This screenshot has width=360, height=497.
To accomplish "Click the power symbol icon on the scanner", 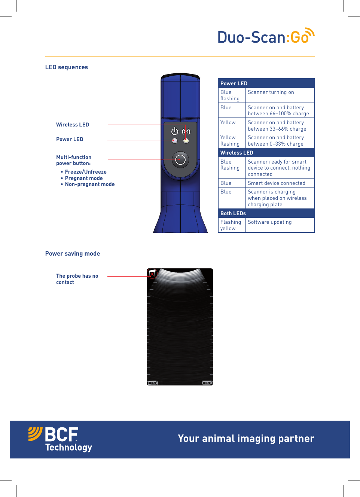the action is coord(175,131).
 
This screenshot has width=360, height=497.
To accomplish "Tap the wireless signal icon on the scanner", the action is coord(186,131).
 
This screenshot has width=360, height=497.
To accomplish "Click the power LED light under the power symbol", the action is coord(175,141).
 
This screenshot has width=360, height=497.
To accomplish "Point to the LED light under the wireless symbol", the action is coord(186,141).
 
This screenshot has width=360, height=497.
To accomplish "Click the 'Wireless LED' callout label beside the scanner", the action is coord(73,125).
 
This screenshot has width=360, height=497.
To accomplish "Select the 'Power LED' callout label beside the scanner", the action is coord(70,139).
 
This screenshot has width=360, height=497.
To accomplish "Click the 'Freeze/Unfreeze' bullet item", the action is coord(86,172).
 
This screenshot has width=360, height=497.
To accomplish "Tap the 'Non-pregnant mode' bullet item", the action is coord(90,184).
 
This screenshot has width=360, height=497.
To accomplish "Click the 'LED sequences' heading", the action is coord(67,67).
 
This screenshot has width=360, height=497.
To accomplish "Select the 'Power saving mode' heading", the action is coord(73,254).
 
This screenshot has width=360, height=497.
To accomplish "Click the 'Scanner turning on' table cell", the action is coord(271,92).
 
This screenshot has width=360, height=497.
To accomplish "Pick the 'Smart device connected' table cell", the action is coord(277,183).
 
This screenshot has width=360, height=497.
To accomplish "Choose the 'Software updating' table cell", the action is coord(270,222).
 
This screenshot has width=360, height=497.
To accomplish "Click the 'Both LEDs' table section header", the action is coord(233,213).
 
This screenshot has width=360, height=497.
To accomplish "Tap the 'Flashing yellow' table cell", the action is coord(231,225).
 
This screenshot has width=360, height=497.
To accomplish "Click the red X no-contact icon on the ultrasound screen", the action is coord(152,274).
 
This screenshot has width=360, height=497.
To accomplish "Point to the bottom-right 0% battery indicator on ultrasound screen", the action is coord(207,383).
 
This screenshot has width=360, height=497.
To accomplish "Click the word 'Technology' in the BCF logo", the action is coord(69,448).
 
